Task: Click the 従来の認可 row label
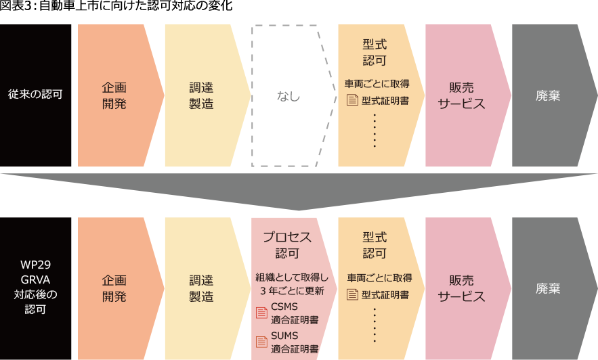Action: (35, 95)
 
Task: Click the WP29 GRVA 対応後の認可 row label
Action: (35, 288)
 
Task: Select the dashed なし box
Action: (289, 96)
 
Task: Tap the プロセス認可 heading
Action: (287, 245)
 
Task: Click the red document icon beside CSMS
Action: (261, 313)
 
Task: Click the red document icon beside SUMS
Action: (261, 342)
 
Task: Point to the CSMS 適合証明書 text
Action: (295, 313)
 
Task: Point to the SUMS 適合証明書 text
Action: (295, 342)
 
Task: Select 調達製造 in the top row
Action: (201, 95)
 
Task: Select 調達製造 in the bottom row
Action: (201, 288)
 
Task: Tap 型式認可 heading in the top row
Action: (375, 51)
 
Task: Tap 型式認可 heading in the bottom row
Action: (375, 245)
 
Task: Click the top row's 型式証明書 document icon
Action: (352, 101)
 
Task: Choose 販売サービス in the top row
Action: (461, 95)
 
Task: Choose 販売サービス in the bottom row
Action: (461, 288)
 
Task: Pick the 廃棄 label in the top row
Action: (548, 95)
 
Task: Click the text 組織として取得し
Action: (292, 277)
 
